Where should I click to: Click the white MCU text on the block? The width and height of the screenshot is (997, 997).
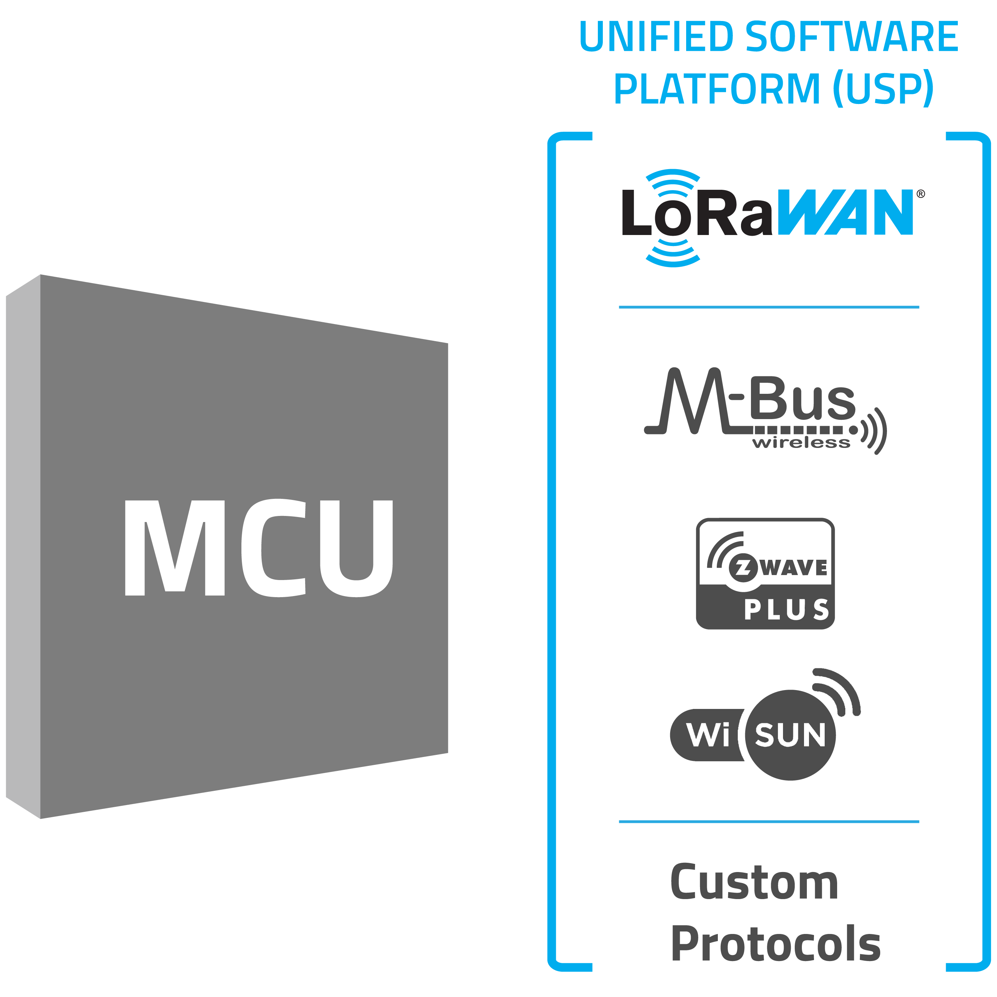pos(258,548)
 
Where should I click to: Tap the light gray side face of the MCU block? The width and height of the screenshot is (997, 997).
pos(23,547)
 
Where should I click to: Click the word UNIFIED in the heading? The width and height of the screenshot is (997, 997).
pos(656,37)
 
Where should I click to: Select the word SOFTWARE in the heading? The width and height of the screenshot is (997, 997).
pos(851,37)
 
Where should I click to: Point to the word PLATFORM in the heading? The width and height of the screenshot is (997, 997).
pos(717,89)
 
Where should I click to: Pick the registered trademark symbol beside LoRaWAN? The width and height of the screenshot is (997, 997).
pos(921,194)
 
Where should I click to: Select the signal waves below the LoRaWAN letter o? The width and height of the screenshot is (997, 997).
pos(673,253)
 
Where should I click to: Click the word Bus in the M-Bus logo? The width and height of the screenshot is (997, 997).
pos(803,398)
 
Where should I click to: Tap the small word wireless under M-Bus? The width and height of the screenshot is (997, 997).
pos(801,443)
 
